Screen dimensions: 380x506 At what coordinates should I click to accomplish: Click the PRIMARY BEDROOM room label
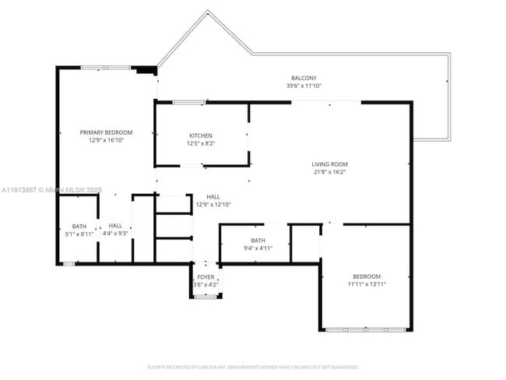[106, 132]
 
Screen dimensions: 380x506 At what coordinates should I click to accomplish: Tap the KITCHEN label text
[200, 135]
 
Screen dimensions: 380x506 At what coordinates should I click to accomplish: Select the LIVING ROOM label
[329, 164]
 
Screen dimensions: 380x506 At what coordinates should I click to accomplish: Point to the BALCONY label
[304, 78]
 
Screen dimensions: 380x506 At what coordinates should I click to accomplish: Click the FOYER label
[206, 277]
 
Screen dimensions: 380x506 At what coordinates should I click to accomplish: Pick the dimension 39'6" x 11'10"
[304, 86]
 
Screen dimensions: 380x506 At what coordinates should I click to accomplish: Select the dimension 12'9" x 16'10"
[106, 141]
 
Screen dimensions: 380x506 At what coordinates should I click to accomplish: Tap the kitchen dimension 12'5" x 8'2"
[200, 144]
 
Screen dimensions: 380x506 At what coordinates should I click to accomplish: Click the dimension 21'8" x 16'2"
[329, 173]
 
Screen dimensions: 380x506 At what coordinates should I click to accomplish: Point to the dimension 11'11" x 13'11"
[366, 285]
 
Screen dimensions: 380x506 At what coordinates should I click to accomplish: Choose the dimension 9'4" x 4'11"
[258, 248]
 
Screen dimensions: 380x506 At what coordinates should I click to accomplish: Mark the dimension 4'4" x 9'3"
[115, 234]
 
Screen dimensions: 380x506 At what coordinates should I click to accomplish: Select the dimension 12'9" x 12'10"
[213, 205]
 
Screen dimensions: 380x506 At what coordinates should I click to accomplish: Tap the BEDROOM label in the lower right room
[366, 276]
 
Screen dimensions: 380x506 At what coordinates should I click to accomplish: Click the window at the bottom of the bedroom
[365, 330]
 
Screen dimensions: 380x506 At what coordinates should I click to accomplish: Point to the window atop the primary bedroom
[106, 69]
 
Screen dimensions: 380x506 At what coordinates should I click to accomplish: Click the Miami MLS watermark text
[51, 189]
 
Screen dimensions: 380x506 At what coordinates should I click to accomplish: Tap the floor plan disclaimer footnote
[252, 366]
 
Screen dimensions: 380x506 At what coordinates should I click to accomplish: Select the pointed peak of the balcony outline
[208, 11]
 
